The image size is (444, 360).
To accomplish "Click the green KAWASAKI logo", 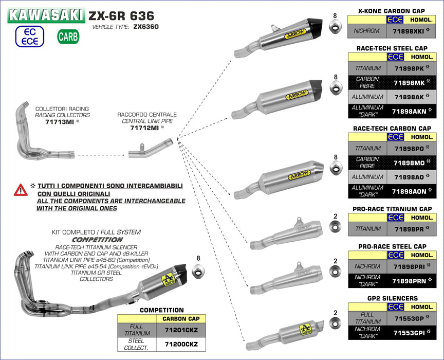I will [x=46, y=14].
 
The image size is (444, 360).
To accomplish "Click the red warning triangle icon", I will [x=21, y=190].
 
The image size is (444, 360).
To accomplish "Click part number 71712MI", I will [x=145, y=128].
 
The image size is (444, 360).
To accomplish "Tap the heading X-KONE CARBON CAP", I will [x=392, y=11].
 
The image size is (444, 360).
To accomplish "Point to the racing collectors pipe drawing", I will [x=35, y=132].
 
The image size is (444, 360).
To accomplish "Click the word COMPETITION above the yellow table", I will [x=161, y=310].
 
